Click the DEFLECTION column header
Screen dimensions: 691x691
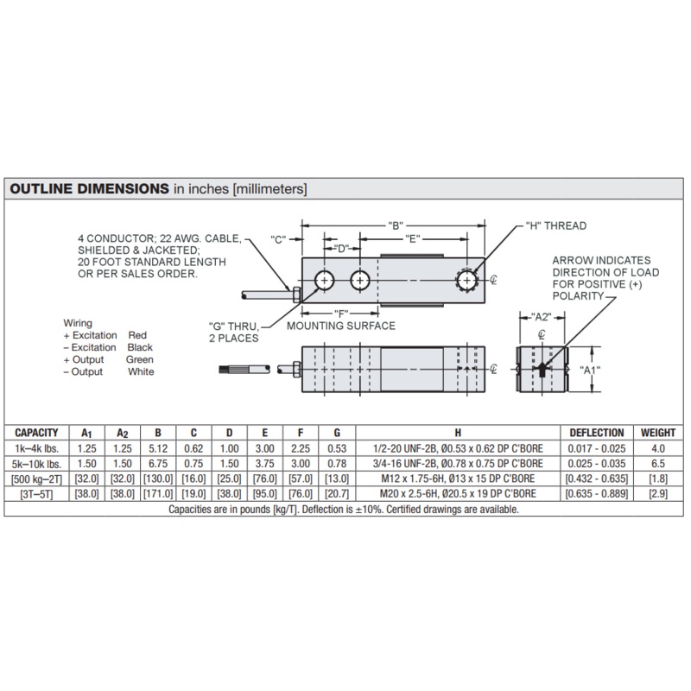[597, 433]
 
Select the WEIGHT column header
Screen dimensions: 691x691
[658, 433]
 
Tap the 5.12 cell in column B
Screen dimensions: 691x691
[158, 448]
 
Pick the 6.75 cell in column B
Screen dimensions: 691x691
[158, 464]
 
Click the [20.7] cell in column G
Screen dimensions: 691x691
[337, 493]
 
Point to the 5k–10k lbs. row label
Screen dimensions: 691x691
[36, 464]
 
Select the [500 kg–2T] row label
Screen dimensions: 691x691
[36, 479]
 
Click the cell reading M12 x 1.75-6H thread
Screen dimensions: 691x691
[458, 479]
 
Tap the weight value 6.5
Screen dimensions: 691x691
[658, 464]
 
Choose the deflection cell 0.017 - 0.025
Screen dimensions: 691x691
[597, 448]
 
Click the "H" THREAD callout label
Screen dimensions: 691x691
[556, 225]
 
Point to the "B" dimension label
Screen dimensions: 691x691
[396, 225]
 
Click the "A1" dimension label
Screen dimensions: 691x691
[589, 371]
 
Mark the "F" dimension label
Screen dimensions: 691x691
[341, 314]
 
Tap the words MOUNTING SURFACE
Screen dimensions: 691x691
[341, 326]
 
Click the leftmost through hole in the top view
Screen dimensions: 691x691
[325, 280]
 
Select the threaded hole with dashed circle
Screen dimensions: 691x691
[467, 280]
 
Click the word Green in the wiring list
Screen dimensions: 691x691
[140, 359]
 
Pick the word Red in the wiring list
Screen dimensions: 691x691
[137, 335]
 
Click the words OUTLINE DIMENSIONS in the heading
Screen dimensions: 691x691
[90, 188]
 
